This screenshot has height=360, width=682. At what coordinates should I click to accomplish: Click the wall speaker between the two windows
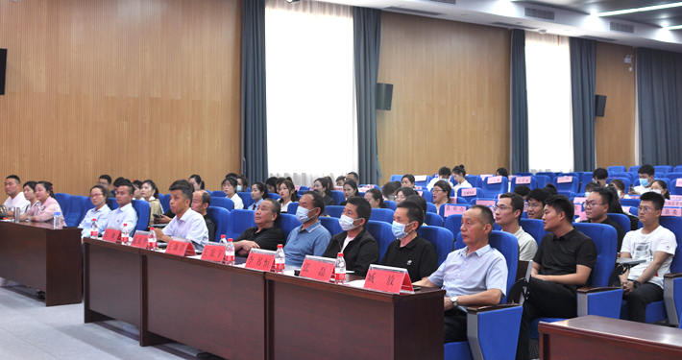click(x=384, y=96)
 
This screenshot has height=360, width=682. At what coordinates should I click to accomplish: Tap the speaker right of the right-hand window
click(x=600, y=105)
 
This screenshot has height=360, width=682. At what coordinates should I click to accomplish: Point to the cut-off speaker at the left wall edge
click(x=2, y=72)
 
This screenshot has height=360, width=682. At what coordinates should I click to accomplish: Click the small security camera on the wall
click(x=628, y=59)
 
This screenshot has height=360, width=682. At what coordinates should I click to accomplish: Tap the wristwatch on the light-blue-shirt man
click(x=453, y=300)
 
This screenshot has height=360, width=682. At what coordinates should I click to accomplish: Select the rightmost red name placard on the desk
click(x=387, y=278)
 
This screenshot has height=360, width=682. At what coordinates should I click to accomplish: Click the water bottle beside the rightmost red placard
click(x=340, y=268)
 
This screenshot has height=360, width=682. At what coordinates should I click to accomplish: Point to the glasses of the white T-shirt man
click(x=648, y=208)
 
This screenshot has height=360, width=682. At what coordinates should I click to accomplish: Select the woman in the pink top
click(x=43, y=203)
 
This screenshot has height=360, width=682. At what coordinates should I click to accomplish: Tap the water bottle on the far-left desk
click(x=58, y=219)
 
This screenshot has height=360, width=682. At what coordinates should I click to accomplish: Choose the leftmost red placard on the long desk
click(x=111, y=235)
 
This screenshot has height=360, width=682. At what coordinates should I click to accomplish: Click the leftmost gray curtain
click(x=254, y=91)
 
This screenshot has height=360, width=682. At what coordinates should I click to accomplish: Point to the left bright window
click(x=310, y=91)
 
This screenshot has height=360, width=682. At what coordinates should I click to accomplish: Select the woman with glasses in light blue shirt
click(x=97, y=211)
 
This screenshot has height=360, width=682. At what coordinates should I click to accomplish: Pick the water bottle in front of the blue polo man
click(x=280, y=258)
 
